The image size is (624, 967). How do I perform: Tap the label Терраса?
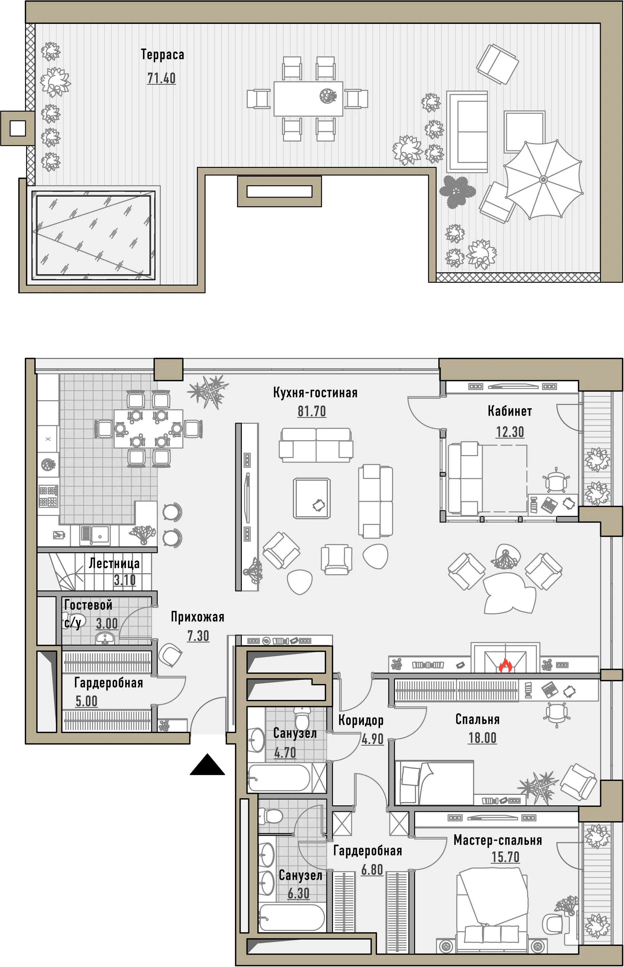(162, 55)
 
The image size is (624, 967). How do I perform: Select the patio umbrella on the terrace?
(543, 179)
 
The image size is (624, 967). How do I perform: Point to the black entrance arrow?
(207, 765)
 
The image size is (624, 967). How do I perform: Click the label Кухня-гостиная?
(315, 392)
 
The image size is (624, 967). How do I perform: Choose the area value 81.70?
(312, 411)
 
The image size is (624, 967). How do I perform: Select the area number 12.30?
(510, 432)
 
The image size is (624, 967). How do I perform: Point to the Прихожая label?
(197, 617)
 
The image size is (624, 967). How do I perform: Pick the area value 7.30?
(198, 636)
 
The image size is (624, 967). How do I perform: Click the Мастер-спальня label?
(498, 840)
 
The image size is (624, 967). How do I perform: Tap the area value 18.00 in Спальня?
(483, 738)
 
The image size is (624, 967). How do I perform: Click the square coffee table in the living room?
(312, 498)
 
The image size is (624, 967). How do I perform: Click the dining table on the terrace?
(308, 99)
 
